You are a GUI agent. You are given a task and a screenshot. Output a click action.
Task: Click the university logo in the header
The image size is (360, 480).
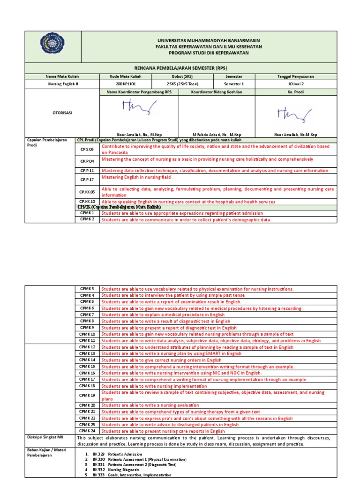click(x=52, y=47)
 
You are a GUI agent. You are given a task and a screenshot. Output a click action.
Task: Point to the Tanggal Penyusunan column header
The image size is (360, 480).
click(x=296, y=76)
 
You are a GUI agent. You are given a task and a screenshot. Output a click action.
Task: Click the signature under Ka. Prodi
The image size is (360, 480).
click(x=294, y=113)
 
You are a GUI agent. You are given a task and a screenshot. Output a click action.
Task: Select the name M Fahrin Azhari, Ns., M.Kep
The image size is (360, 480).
click(x=217, y=135)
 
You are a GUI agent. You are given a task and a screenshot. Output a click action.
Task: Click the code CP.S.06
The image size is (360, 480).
click(x=87, y=150)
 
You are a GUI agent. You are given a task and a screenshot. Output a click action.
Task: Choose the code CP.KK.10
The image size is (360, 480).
click(x=87, y=202)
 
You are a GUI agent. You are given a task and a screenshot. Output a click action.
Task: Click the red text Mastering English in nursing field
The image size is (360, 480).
click(x=136, y=178)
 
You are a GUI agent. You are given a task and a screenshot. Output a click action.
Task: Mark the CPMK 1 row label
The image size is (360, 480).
click(x=87, y=213)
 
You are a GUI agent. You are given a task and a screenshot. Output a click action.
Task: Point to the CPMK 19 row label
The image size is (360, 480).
click(x=87, y=395)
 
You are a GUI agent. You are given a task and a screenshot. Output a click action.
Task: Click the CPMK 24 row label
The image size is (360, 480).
click(x=87, y=431)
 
